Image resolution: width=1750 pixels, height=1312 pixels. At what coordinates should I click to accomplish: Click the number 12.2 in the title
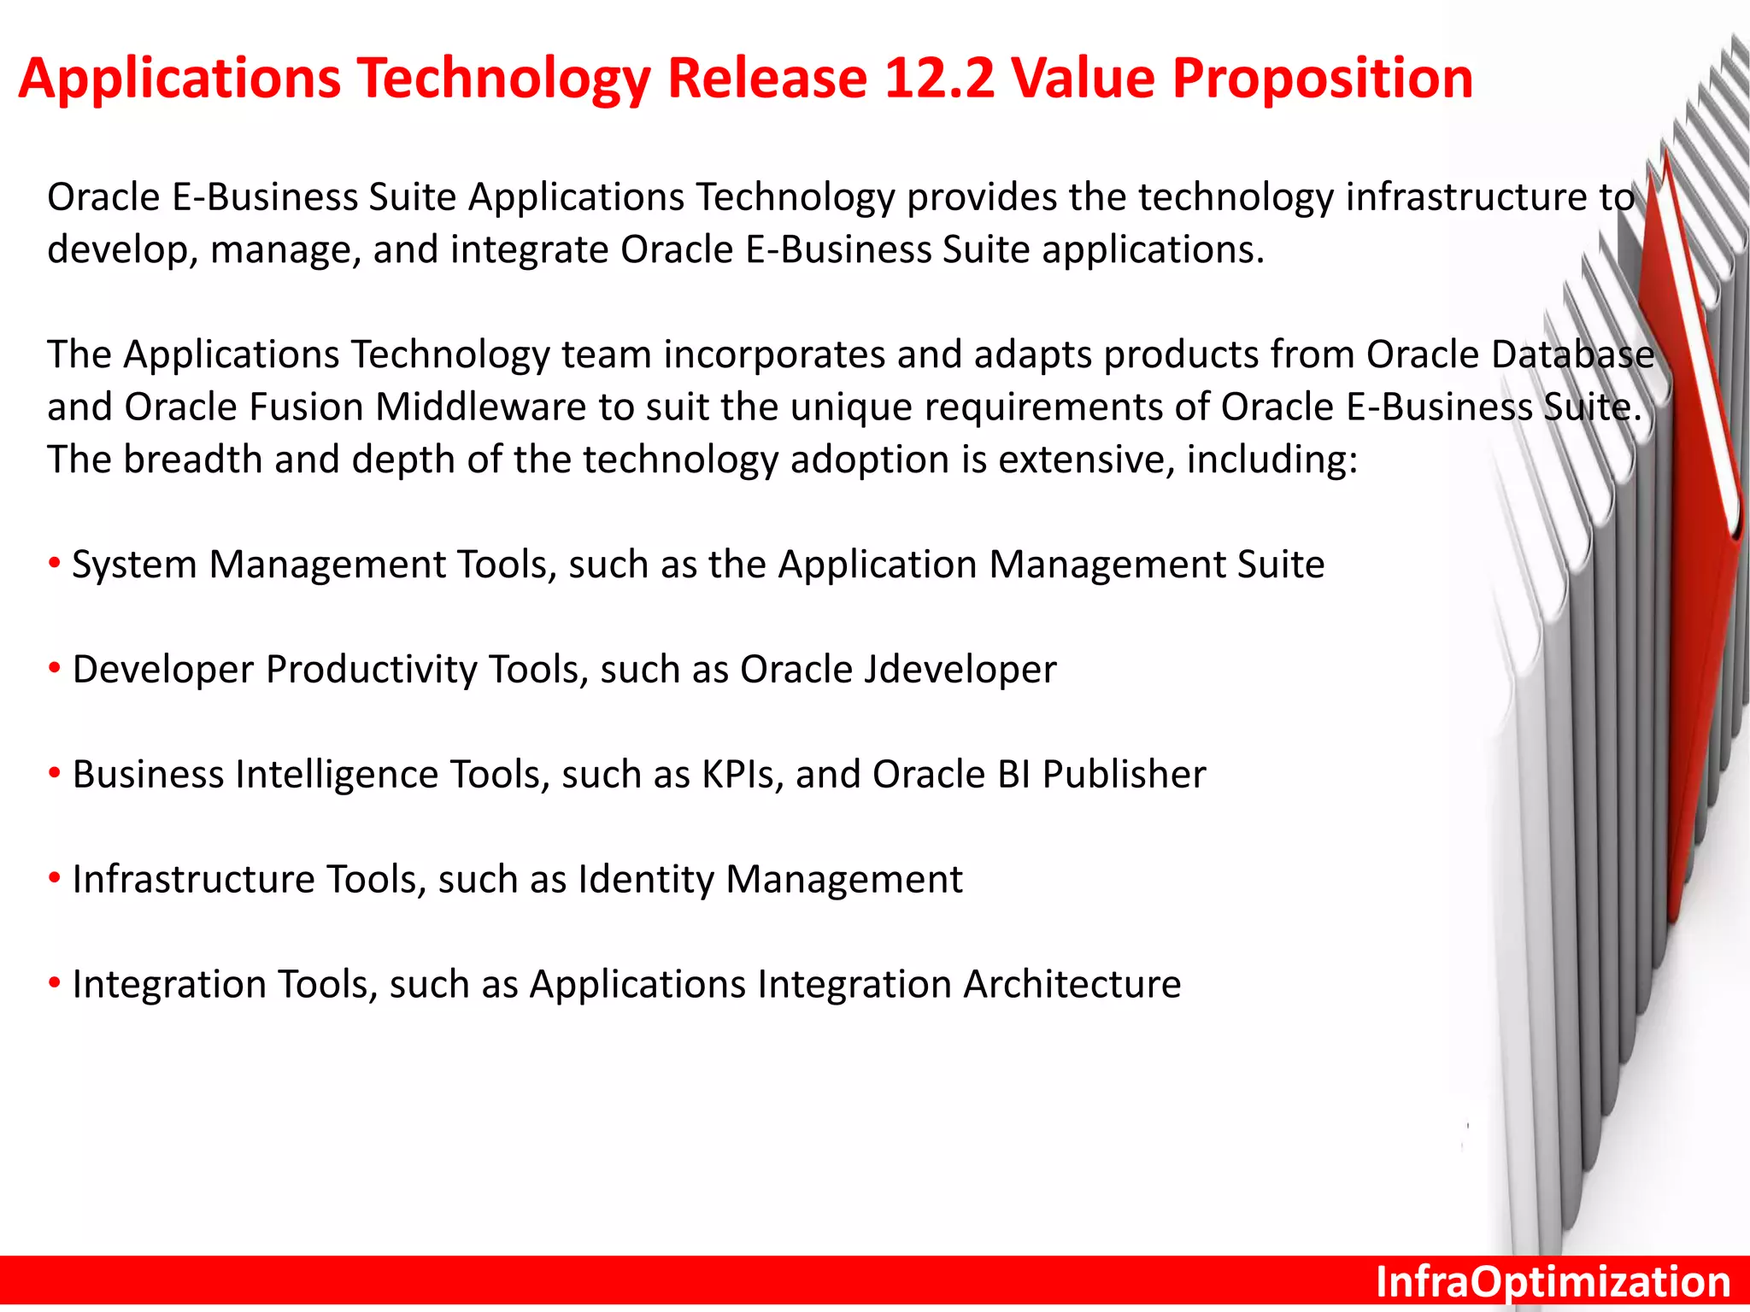coord(938,79)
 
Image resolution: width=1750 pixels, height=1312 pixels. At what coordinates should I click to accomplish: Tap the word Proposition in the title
coord(1322,79)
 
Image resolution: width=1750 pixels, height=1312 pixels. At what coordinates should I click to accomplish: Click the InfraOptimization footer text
coord(1553,1282)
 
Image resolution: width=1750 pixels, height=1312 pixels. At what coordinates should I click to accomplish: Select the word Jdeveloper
coord(960,670)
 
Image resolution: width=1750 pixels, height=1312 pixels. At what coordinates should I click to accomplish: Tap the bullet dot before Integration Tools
coord(55,983)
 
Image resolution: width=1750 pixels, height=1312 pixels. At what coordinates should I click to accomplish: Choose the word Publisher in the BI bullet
coord(1124,775)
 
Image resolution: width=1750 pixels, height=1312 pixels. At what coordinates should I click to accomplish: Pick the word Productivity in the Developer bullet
coord(371,670)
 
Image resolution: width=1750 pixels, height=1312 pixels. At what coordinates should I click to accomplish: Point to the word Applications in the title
coord(179,79)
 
